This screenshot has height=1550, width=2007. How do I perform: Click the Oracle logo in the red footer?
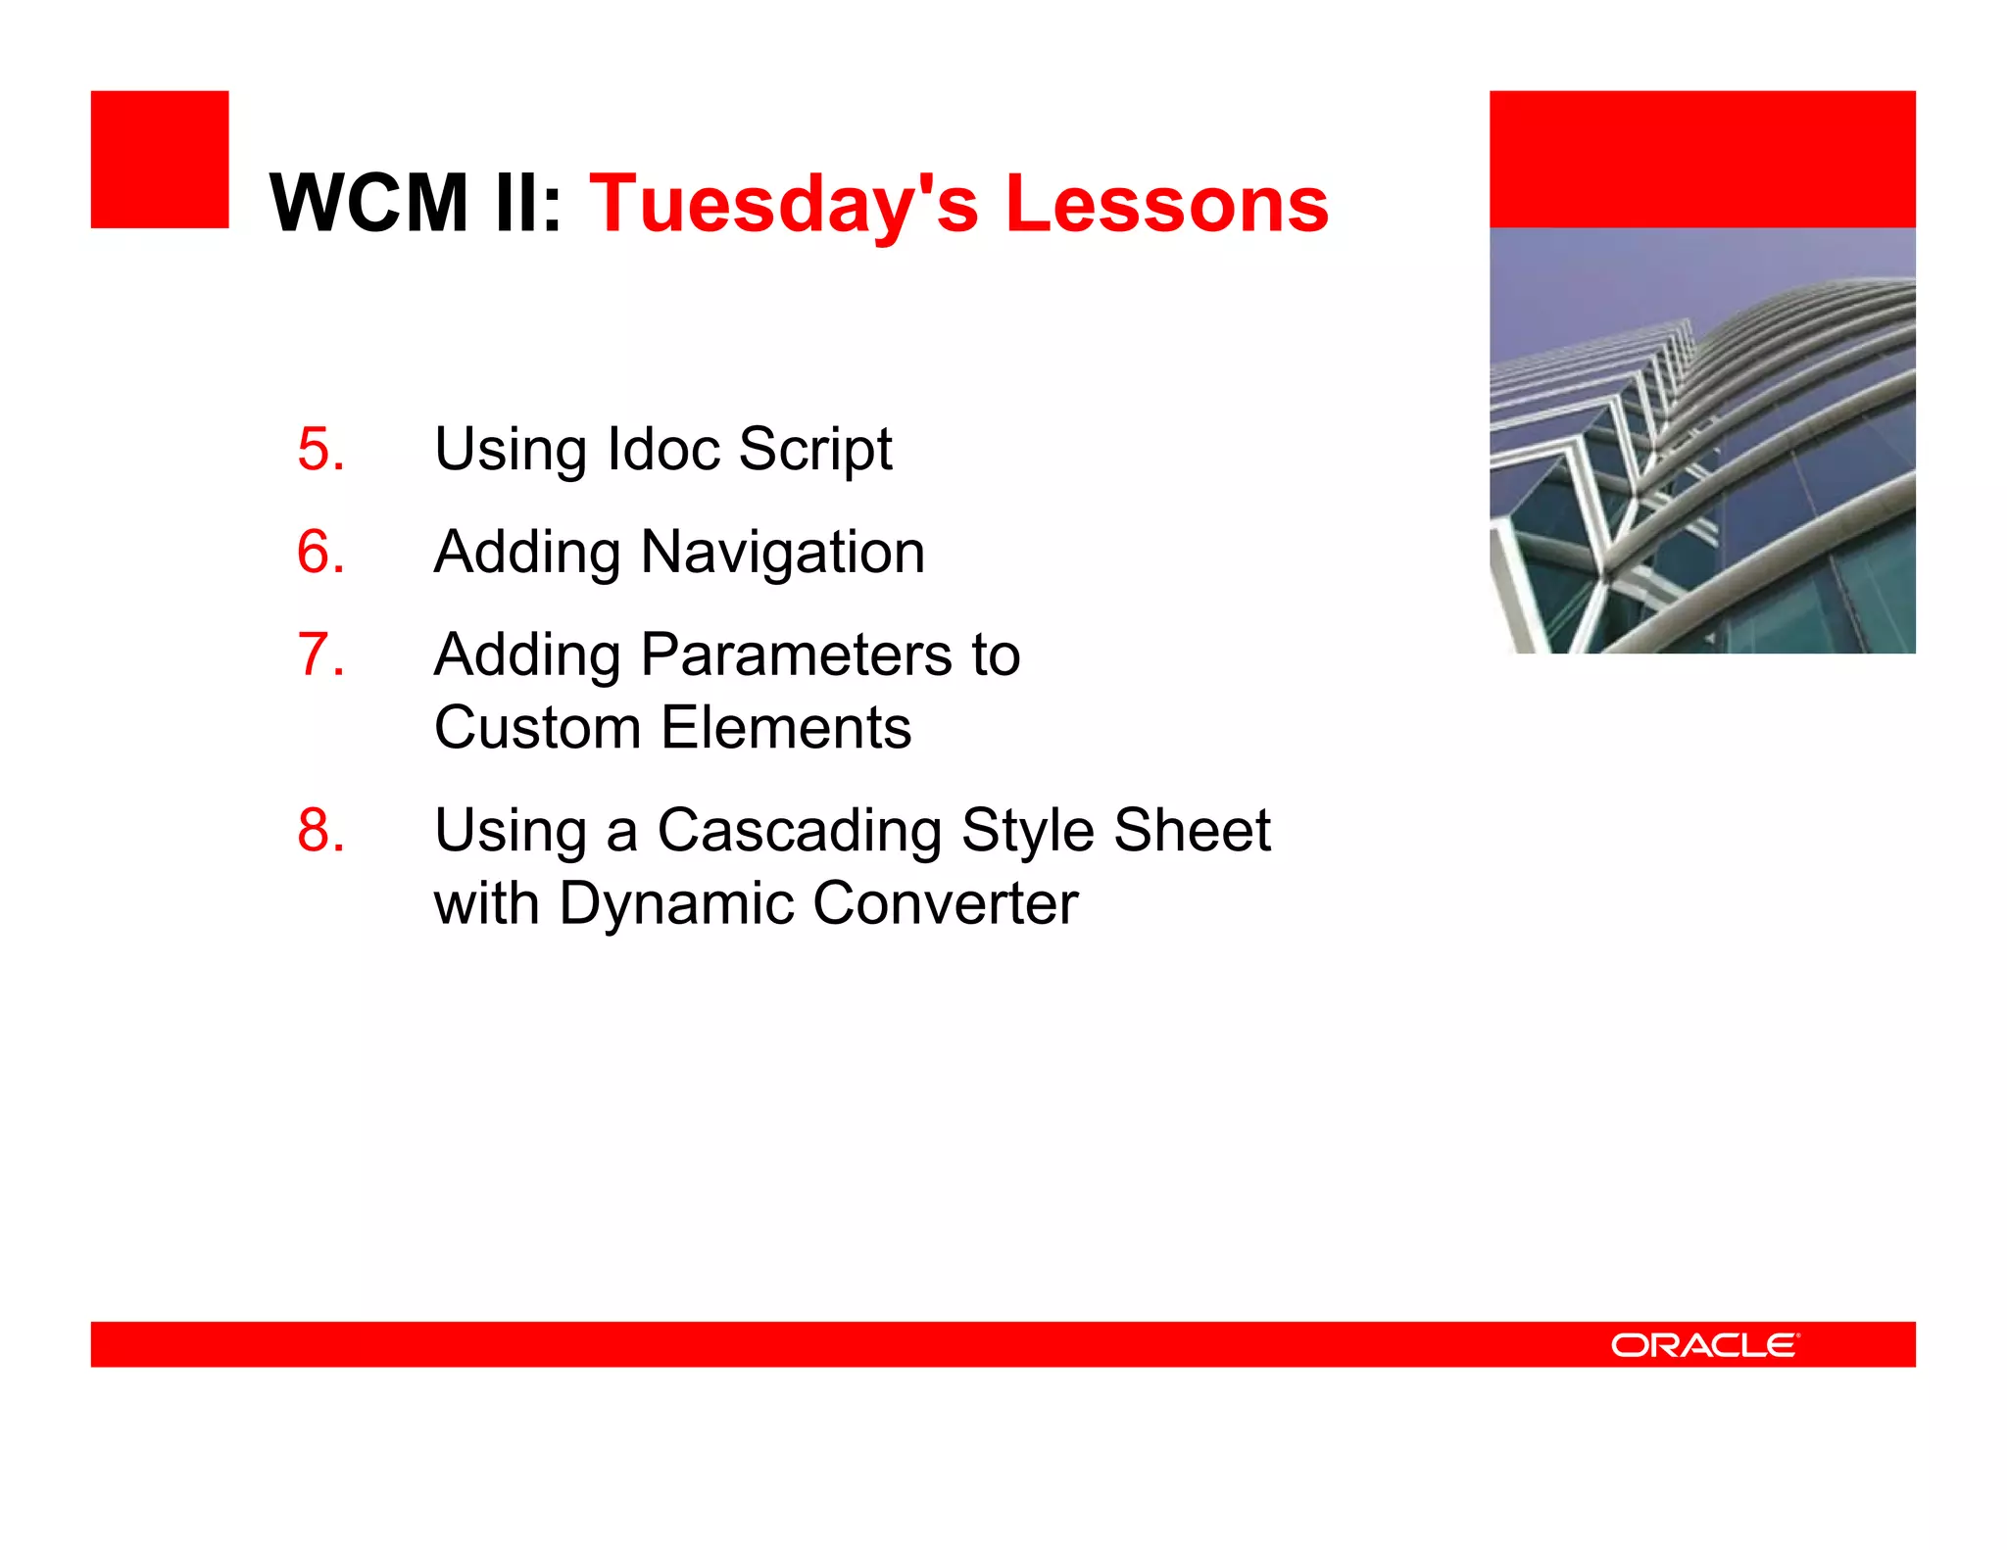click(1704, 1344)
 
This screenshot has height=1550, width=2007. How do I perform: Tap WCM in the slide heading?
click(369, 204)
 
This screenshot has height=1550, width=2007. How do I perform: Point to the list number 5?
click(320, 450)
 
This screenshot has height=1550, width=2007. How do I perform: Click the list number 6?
click(320, 552)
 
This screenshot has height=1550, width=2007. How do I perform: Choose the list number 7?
click(320, 654)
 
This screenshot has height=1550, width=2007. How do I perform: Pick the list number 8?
click(320, 831)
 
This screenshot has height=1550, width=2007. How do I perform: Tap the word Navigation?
click(782, 552)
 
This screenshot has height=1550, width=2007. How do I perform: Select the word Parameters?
click(796, 654)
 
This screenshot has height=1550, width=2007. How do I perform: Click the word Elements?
click(786, 728)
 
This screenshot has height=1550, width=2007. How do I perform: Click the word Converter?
click(945, 903)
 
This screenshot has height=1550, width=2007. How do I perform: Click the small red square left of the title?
click(160, 160)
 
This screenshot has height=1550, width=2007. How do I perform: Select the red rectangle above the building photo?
click(1702, 160)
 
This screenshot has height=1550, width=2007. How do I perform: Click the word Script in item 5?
click(814, 450)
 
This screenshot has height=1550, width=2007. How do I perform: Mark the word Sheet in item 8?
click(1192, 831)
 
